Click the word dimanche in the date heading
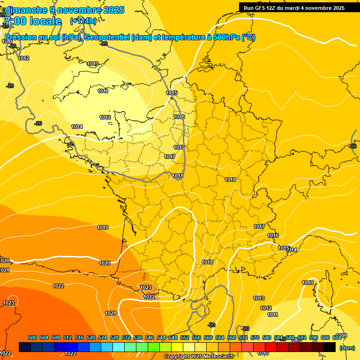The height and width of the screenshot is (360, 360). (25, 10)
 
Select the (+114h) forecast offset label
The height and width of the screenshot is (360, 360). (83, 21)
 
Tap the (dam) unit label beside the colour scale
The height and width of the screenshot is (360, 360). (347, 347)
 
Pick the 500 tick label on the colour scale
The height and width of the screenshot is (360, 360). (32, 337)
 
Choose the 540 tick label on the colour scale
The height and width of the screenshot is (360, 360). (150, 337)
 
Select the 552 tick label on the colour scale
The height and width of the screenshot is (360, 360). (185, 337)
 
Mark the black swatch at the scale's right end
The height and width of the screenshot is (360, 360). (330, 347)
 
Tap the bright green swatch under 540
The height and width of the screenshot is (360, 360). (154, 347)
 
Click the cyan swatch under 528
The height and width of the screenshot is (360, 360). (119, 347)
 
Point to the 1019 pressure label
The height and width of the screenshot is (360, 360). (103, 227)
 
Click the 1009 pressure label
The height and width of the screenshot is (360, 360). (342, 336)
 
